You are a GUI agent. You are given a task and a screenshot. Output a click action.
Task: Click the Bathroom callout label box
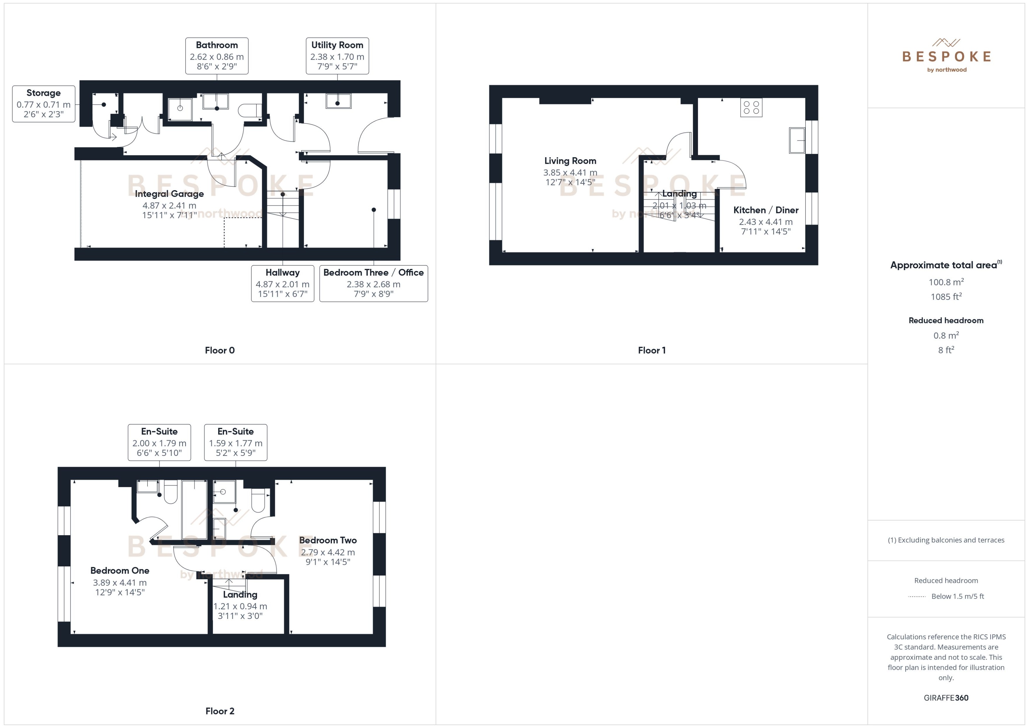coord(217,56)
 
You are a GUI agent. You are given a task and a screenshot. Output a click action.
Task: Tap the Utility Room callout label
coord(337,56)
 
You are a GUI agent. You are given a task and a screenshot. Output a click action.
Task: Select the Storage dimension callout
coord(44,103)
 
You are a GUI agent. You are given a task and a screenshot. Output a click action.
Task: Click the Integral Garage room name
coord(169,194)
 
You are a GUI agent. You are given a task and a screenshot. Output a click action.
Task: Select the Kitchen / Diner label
coord(765,210)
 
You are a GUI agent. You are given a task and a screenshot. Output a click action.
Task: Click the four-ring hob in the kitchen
coord(751,108)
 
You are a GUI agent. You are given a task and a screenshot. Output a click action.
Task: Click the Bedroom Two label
coord(328,540)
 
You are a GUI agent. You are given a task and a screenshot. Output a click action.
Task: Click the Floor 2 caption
coord(220,711)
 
